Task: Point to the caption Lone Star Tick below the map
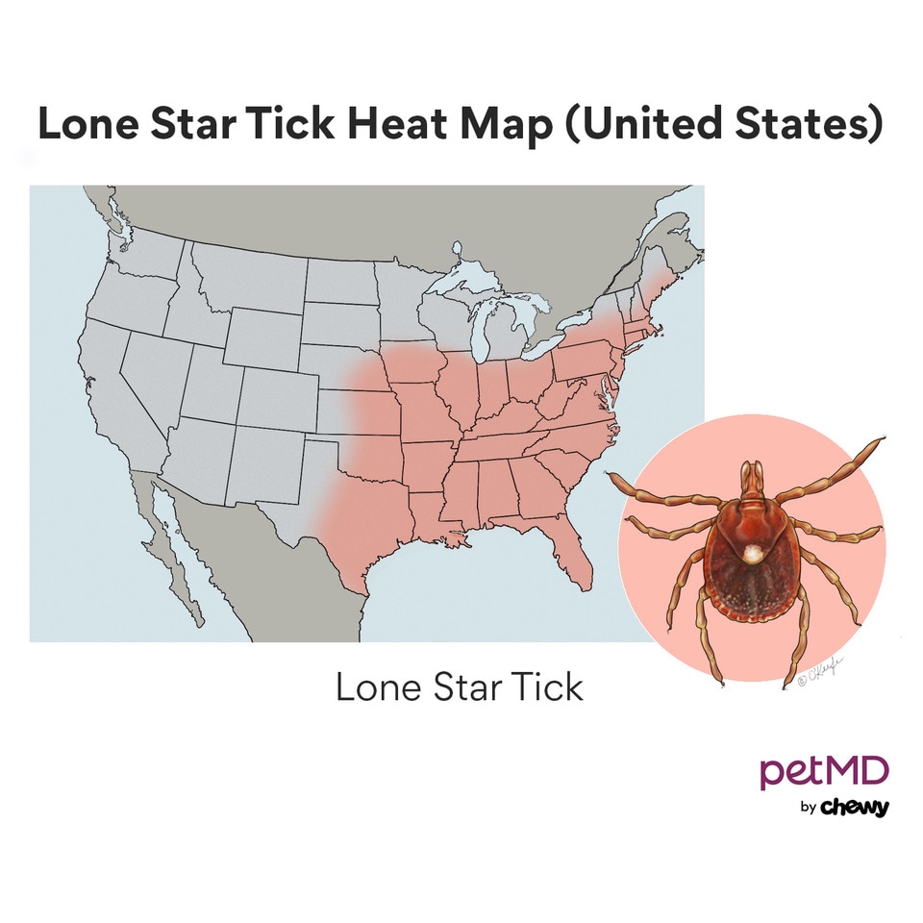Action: click(x=459, y=687)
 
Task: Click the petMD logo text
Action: click(x=824, y=771)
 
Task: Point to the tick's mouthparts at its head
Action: click(x=752, y=476)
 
